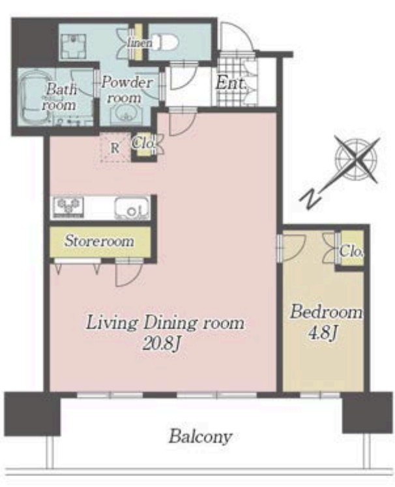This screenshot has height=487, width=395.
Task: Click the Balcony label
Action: pyautogui.click(x=200, y=437)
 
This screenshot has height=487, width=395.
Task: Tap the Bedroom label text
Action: pyautogui.click(x=326, y=312)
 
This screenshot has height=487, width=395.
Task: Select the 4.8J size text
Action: pyautogui.click(x=323, y=333)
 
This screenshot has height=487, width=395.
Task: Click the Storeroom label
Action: pyautogui.click(x=99, y=241)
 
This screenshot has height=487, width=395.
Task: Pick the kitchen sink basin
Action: pyautogui.click(x=132, y=209)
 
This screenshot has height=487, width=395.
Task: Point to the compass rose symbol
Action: pyautogui.click(x=357, y=159)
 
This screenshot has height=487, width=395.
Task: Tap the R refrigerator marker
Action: pyautogui.click(x=115, y=148)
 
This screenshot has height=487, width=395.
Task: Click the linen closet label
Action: pyautogui.click(x=139, y=42)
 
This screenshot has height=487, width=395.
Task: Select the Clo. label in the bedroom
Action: pyautogui.click(x=351, y=251)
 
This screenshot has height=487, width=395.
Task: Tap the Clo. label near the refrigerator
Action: pyautogui.click(x=143, y=143)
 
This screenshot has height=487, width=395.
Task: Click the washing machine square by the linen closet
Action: pyautogui.click(x=73, y=46)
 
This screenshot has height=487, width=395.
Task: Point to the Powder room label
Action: pyautogui.click(x=127, y=90)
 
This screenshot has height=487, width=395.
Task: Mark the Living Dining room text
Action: pyautogui.click(x=165, y=323)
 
